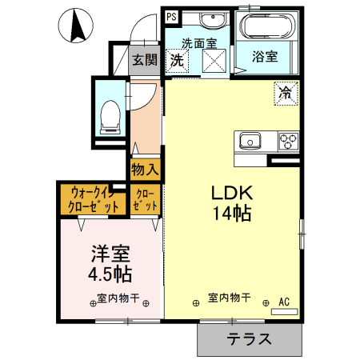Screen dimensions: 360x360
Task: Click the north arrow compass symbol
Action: coord(76,26)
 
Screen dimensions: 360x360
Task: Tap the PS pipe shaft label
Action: coord(171,17)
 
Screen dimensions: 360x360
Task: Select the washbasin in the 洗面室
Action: coord(213,19)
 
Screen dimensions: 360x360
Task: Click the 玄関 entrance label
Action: coord(145,59)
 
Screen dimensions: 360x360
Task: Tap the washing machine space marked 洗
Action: coord(177,60)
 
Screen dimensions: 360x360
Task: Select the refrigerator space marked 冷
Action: coord(286,94)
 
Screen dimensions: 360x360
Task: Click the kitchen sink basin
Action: coord(250,141)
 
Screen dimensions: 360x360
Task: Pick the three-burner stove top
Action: coord(288,142)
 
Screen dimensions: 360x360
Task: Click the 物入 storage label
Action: coord(145,170)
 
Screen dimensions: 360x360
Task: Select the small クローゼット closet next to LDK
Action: coord(146,200)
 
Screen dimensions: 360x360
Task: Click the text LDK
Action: coord(232,193)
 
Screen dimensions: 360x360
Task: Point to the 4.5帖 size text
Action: coord(110,274)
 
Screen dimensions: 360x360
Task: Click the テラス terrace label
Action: coord(249,339)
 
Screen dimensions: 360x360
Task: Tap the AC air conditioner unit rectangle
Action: coord(284,312)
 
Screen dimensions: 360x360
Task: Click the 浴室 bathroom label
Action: coord(265,56)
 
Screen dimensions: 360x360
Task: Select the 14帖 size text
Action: coord(232,214)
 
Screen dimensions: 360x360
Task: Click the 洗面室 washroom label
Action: coord(199,43)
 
